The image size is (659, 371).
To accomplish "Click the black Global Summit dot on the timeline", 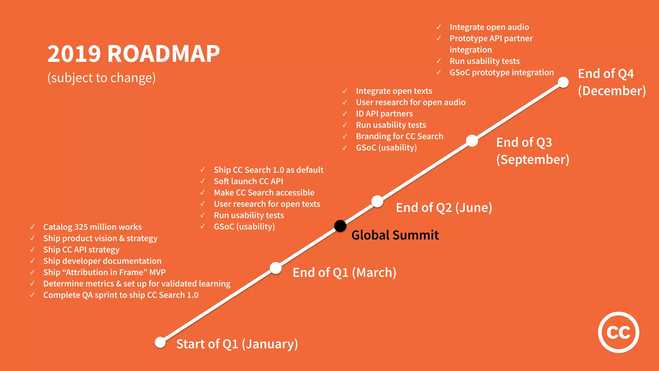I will click(340, 226).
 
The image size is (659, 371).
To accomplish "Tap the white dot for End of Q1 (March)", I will click(276, 268).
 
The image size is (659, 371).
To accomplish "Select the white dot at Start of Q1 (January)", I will click(160, 342).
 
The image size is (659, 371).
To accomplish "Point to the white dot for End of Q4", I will click(563, 82).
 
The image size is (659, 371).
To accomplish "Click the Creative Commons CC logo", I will click(618, 332).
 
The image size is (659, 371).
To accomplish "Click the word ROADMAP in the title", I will click(163, 53).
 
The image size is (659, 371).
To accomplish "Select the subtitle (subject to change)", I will click(101, 78).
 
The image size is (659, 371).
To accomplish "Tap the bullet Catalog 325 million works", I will click(92, 227).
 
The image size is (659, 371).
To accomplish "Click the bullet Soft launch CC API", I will click(248, 181).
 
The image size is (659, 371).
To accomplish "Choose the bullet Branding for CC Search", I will click(399, 136).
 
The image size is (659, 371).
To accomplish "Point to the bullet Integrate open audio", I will click(489, 27).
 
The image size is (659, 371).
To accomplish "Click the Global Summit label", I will click(395, 235).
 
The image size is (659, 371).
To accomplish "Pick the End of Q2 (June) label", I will click(444, 208).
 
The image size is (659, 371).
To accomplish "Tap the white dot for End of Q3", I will click(472, 141).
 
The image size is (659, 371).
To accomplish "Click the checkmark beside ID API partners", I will click(345, 114).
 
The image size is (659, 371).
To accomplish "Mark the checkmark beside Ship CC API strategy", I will click(32, 250).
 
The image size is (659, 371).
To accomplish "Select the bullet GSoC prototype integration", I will click(502, 72).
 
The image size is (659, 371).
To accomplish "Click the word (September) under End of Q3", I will click(533, 160).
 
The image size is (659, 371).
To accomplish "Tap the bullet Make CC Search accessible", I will click(264, 193).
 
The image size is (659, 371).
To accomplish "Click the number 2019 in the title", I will click(74, 53).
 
